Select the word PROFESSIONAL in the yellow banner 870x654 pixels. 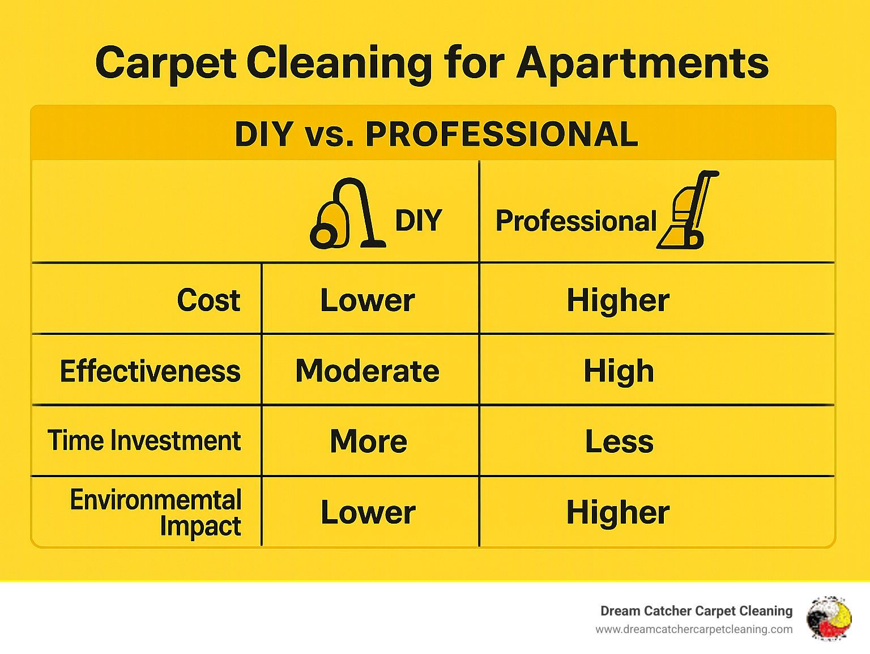click(502, 134)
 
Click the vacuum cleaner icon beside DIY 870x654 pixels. click(348, 214)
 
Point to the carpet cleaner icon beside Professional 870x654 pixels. click(688, 210)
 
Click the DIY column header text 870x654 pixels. click(419, 220)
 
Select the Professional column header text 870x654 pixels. click(576, 220)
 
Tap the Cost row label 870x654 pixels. click(209, 300)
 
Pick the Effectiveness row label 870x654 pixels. click(150, 371)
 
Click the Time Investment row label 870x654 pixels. click(144, 440)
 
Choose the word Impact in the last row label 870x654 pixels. click(201, 526)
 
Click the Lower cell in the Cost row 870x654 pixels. click(368, 300)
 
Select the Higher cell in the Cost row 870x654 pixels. click(619, 300)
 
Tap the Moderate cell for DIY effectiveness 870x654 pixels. click(368, 371)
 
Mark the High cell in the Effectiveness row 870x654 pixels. click(619, 372)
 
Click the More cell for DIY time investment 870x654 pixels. click(369, 441)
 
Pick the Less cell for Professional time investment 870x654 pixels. click(620, 441)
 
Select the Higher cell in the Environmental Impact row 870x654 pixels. click(619, 512)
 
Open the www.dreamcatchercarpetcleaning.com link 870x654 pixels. click(694, 630)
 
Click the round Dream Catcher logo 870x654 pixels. click(829, 618)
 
